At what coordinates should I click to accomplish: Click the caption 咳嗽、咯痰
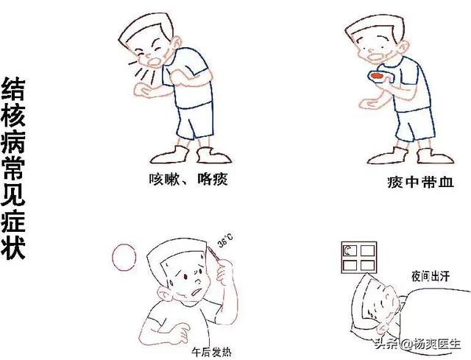pos(188,180)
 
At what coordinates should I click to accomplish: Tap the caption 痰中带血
pos(420,182)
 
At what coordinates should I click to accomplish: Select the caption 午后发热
pos(212,352)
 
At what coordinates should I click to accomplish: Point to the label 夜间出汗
pos(431,277)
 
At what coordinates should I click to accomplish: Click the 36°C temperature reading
pos(225,241)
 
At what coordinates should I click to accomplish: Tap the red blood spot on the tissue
pos(377,76)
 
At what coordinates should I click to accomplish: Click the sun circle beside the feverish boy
pos(124,257)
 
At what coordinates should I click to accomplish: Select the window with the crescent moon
pos(359,258)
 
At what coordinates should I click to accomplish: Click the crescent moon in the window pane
pos(347,250)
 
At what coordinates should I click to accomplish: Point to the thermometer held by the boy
pos(214,256)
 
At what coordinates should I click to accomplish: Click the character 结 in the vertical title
pos(13,88)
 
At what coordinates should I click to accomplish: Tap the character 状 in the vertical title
pos(13,248)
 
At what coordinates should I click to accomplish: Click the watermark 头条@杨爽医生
pos(417,344)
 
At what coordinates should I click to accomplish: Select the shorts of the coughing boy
pos(194,120)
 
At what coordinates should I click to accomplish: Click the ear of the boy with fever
pos(164,293)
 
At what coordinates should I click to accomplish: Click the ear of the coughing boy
pos(177,43)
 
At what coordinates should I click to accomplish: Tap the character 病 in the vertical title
pos(13,143)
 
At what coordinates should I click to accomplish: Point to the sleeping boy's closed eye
pos(380,303)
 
